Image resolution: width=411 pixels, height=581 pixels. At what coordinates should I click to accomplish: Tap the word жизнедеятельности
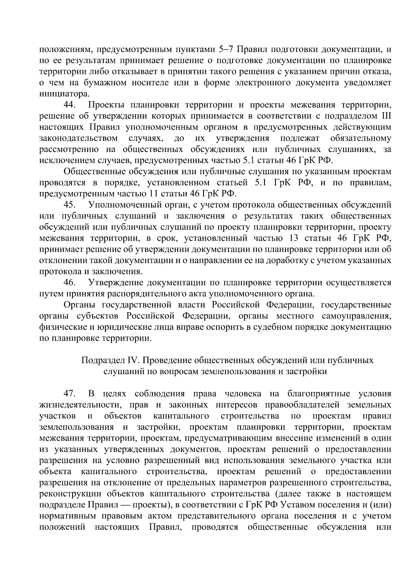click(x=80, y=405)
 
